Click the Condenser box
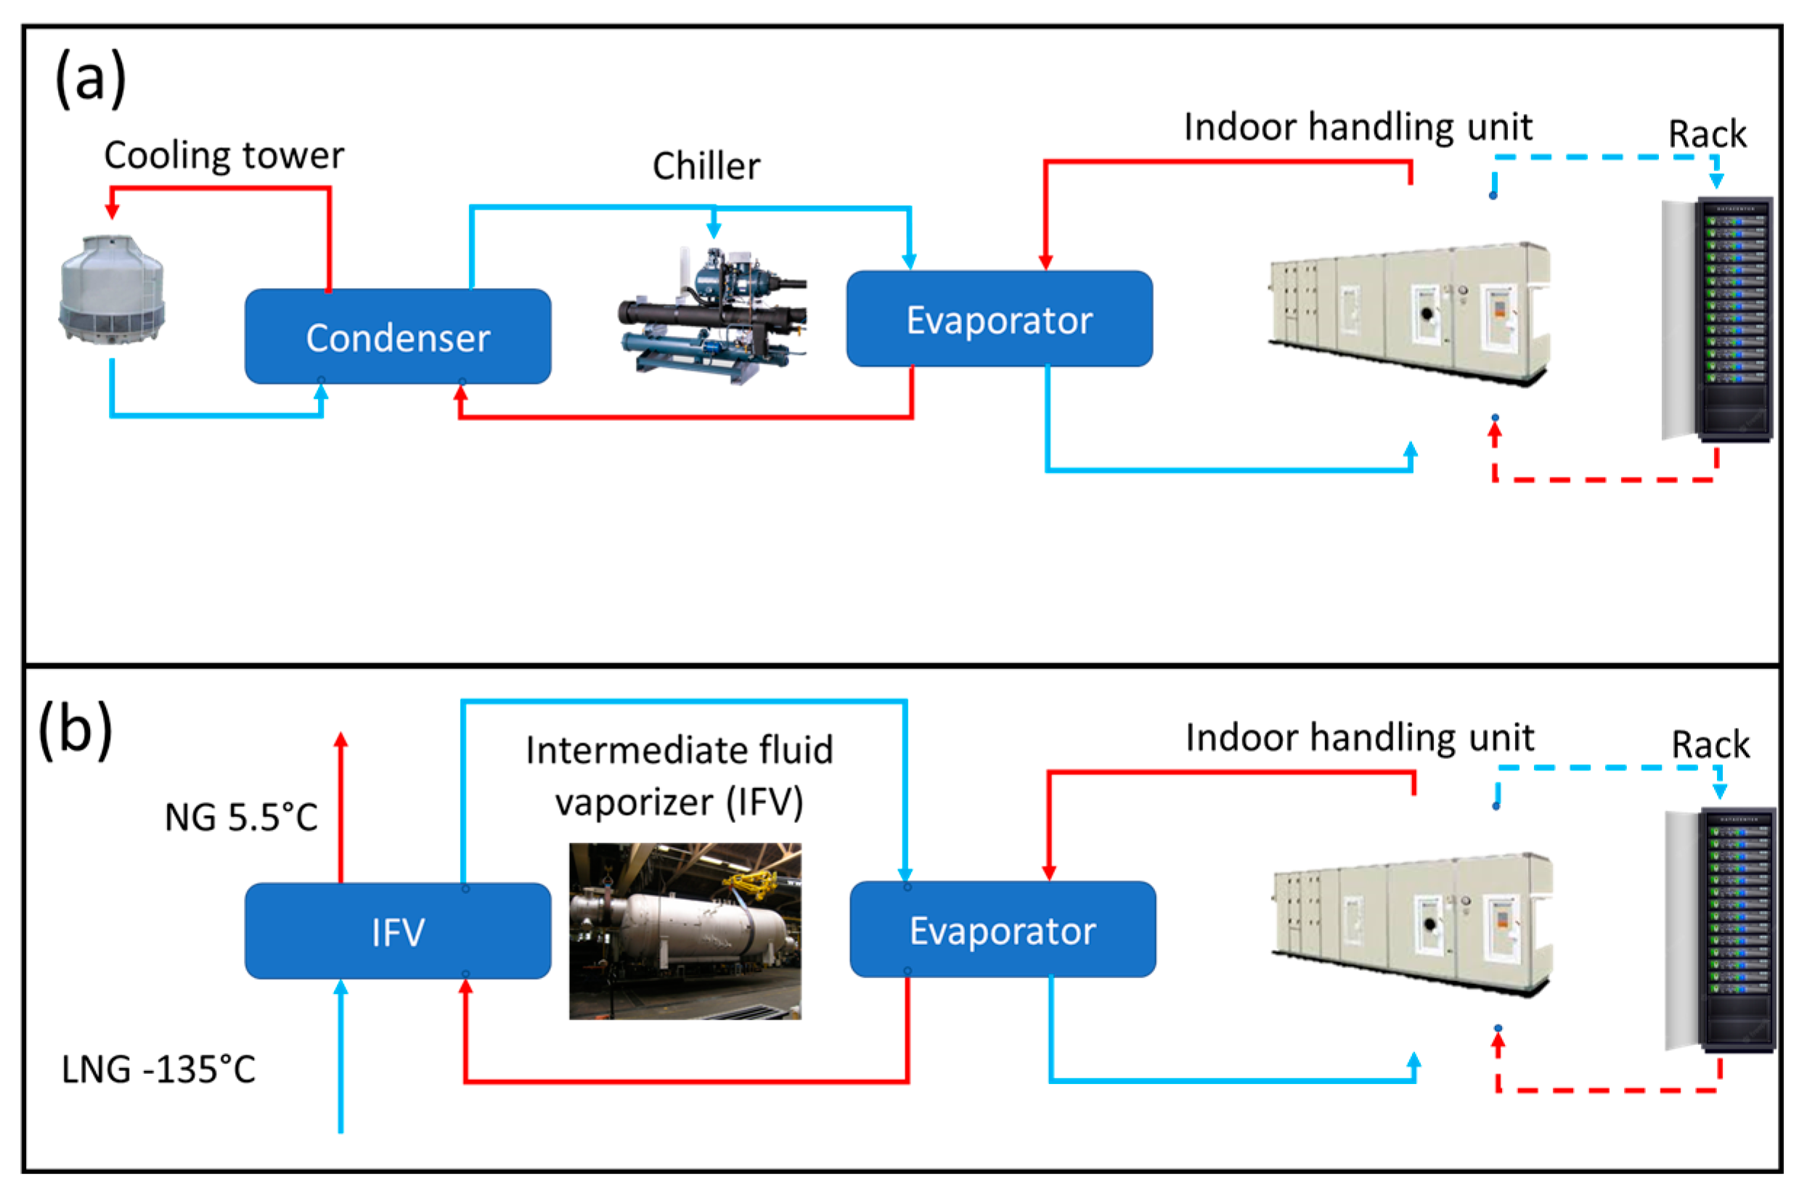click(x=397, y=336)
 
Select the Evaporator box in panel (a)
click(x=999, y=319)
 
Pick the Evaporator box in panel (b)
click(x=1002, y=929)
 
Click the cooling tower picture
click(x=112, y=290)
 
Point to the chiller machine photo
click(x=712, y=317)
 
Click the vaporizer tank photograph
click(x=685, y=930)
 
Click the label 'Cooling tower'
click(x=224, y=155)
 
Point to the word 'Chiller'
click(x=706, y=165)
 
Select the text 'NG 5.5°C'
click(x=241, y=818)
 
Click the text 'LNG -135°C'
click(x=158, y=1069)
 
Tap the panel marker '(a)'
click(x=90, y=78)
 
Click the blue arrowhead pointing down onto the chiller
click(x=714, y=229)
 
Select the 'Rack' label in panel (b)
click(x=1710, y=744)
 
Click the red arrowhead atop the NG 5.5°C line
click(x=341, y=739)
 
